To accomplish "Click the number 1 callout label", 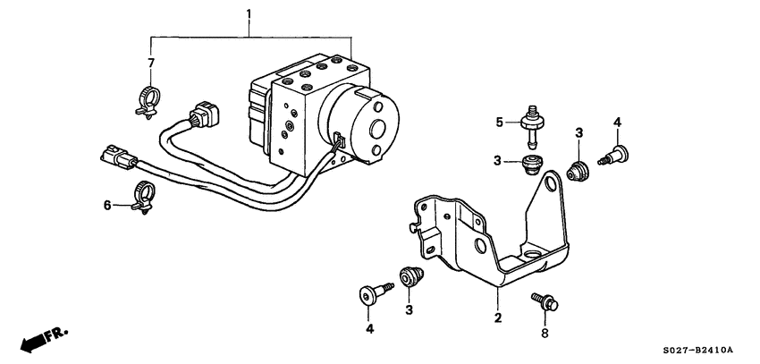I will click(x=249, y=14).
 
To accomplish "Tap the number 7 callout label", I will click(x=151, y=63).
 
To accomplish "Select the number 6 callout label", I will click(x=107, y=205).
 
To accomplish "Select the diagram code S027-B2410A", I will click(x=697, y=350).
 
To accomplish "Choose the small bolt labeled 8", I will click(x=544, y=301).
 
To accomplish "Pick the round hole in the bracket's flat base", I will click(x=536, y=257).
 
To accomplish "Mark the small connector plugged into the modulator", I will click(x=338, y=140).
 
